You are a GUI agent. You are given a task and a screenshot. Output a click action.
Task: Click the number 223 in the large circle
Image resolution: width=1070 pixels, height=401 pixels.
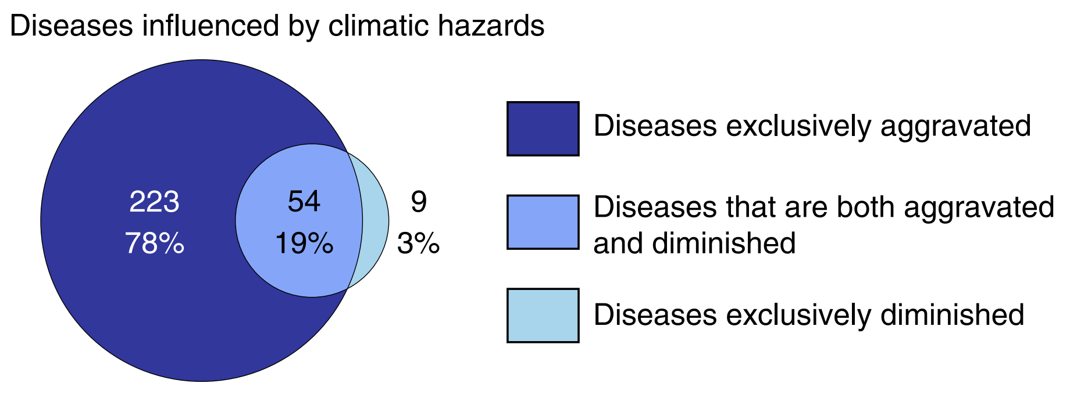coord(154,202)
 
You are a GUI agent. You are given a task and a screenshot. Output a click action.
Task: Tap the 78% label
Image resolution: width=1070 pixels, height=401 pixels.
coord(155,244)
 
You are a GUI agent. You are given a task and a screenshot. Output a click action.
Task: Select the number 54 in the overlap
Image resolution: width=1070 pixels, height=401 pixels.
coord(304,202)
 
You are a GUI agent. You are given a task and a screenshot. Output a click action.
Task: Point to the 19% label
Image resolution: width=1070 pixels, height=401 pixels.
coord(304,244)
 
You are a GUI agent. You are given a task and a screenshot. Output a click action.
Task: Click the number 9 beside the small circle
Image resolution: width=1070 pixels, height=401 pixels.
coord(419,202)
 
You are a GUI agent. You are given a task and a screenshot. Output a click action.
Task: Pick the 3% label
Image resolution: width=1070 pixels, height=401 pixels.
coord(418,244)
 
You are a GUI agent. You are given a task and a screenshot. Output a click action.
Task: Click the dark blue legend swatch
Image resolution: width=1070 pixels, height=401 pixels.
coord(543,128)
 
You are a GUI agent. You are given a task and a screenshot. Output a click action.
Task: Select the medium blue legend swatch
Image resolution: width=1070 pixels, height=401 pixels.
coord(543,222)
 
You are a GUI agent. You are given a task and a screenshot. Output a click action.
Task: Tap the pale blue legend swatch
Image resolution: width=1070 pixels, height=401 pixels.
coord(543,316)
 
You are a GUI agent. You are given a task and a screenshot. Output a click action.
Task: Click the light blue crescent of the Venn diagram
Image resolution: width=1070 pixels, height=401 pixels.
coord(375,221)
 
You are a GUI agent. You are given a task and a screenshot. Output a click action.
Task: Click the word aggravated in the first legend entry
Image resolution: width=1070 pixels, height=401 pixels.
coord(955,127)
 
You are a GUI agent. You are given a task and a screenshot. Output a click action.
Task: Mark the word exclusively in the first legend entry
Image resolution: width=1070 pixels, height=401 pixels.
coord(798,127)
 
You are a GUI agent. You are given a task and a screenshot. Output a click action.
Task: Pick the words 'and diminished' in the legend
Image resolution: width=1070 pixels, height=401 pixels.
coord(694,243)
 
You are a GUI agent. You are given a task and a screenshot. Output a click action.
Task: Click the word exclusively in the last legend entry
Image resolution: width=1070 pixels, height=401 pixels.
coord(798,315)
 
